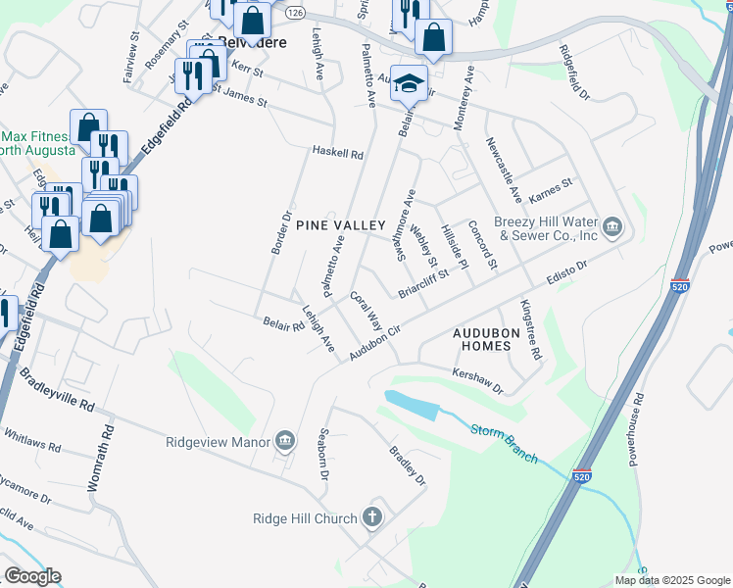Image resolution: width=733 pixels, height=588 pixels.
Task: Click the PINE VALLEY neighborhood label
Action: [340, 225]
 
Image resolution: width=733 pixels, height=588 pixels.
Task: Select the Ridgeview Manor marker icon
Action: [285, 441]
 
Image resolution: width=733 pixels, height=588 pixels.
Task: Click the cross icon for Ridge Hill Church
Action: [371, 516]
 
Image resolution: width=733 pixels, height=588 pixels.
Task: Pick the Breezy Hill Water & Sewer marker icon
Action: [612, 227]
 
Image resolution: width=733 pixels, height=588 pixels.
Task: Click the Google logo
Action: [32, 576]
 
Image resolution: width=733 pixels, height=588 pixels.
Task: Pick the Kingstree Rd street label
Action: [530, 330]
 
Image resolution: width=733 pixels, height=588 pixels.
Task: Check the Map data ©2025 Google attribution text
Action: [671, 580]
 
